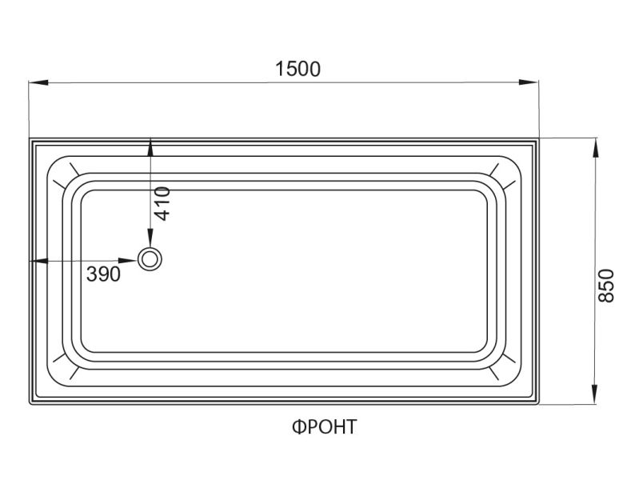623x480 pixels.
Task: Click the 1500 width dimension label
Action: [298, 69]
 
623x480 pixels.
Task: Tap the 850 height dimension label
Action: [606, 286]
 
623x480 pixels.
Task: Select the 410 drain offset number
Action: [162, 203]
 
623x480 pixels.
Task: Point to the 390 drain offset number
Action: [103, 274]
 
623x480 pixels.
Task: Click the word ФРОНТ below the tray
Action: [325, 427]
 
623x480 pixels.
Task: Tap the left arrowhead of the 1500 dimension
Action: [38, 82]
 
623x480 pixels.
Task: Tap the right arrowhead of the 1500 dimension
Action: [529, 82]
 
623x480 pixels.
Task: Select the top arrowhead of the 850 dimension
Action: [594, 147]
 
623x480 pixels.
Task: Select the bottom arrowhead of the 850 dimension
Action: [594, 394]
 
